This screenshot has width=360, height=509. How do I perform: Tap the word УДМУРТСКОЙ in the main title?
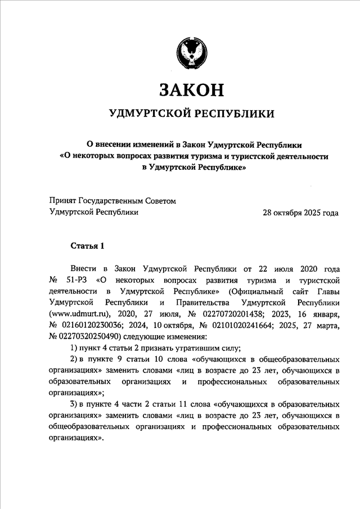point(148,114)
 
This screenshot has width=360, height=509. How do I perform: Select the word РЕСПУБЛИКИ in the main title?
point(235,114)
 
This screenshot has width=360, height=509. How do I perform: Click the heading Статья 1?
point(88,246)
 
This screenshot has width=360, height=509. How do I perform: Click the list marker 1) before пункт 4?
point(74,348)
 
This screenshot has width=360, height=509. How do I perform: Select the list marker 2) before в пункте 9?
point(74,359)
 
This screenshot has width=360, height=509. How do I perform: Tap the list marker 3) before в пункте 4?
point(74,405)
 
